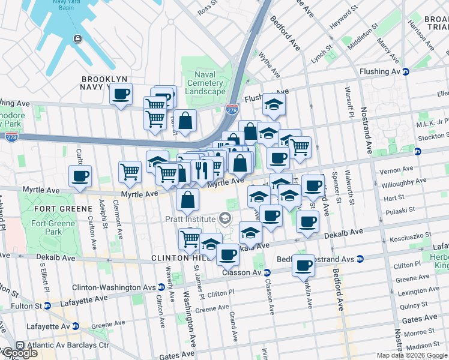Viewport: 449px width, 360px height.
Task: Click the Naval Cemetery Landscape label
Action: click(204, 83)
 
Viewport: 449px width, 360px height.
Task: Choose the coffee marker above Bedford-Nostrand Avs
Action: click(304, 265)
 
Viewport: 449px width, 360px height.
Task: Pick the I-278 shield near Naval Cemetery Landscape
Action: click(232, 110)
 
